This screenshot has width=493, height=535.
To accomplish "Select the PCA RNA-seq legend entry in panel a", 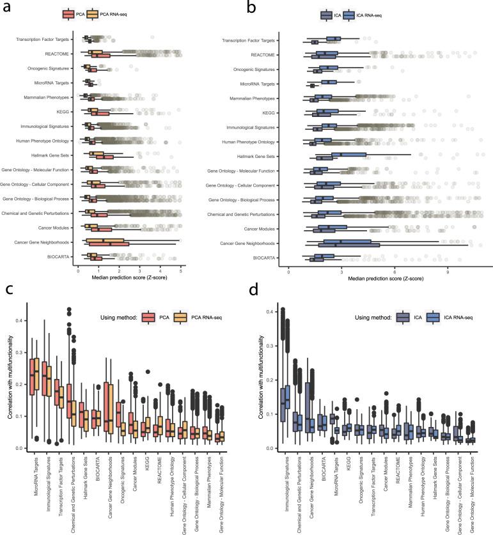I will coord(113,14).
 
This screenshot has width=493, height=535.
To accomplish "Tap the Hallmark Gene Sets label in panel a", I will coord(52,155).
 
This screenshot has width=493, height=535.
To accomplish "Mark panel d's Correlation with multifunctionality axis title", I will coord(262,384).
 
